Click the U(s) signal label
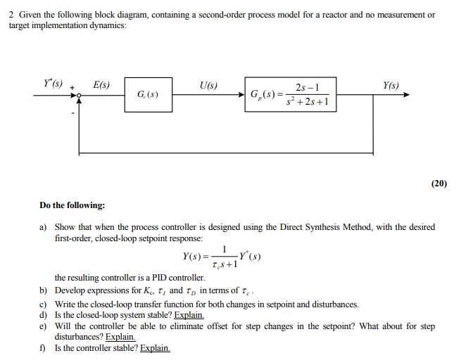pos(208,86)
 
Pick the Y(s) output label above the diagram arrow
pos(391,86)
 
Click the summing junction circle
pos(79,95)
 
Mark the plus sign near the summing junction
pos(72,88)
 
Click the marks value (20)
pos(438,184)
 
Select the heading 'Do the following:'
pos(72,205)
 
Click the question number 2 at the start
pos(11,15)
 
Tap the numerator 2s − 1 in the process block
pos(308,88)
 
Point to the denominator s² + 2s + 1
pos(308,103)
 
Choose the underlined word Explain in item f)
pos(155,348)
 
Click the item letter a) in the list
pos(44,228)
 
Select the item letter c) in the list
pos(44,304)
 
